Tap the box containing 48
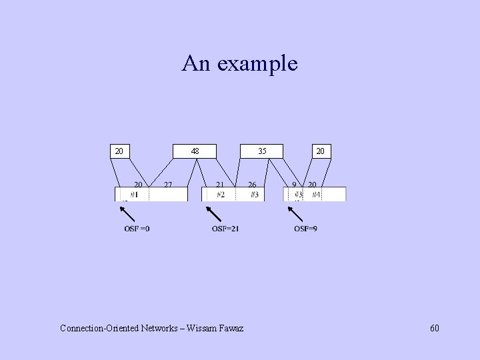click(x=195, y=151)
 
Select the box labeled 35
click(x=263, y=151)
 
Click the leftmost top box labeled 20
click(x=119, y=151)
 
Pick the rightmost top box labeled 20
click(x=321, y=151)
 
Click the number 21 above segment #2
click(x=219, y=185)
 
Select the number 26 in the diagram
click(x=252, y=185)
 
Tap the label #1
click(x=134, y=195)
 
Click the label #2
click(x=221, y=195)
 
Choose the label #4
click(x=316, y=195)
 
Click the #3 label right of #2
click(x=254, y=195)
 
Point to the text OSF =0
click(x=137, y=229)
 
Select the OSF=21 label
click(x=225, y=229)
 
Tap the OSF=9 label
click(x=305, y=229)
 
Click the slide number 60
click(x=434, y=328)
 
